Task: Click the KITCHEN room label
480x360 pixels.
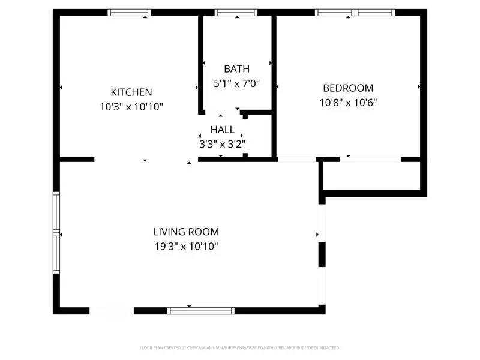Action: coord(131,92)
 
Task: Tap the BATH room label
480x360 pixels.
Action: coord(236,69)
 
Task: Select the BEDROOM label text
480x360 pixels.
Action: coord(348,88)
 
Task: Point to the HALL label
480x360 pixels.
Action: coord(223,130)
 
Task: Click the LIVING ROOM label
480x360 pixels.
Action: coord(186,232)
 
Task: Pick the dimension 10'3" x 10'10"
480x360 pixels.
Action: coord(131,107)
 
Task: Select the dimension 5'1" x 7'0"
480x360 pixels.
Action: coord(236,84)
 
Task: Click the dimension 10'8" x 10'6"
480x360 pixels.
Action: coord(348,102)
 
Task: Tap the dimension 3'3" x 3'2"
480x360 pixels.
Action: coord(223,144)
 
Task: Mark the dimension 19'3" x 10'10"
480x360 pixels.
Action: coord(186,246)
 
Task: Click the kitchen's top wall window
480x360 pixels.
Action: coord(129,12)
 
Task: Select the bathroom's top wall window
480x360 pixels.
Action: coord(236,12)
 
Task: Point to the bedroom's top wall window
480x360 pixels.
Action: coord(355,12)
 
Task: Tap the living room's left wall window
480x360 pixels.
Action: coord(56,232)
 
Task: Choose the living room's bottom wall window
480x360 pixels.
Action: coord(201,310)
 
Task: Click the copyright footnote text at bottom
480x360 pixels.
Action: coord(240,347)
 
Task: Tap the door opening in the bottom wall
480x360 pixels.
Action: coord(112,310)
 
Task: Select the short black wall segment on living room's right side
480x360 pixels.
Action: coord(322,254)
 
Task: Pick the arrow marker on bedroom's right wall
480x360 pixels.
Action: coord(419,87)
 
